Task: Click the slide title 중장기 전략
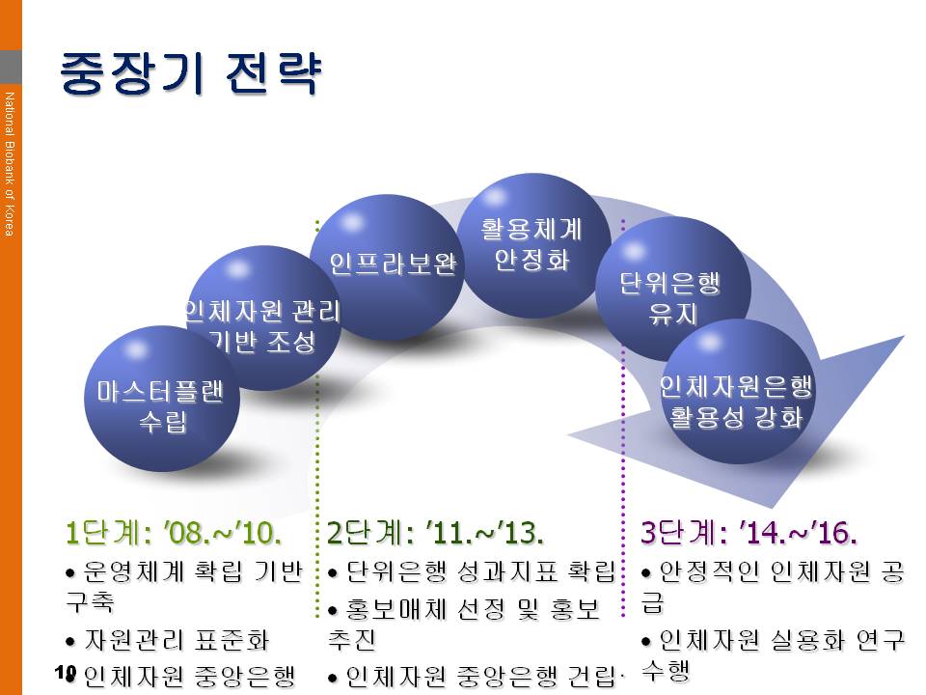pyautogui.click(x=190, y=73)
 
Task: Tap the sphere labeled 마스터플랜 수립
pyautogui.click(x=162, y=399)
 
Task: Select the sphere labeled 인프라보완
pyautogui.click(x=388, y=267)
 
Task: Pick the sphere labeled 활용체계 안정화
pyautogui.click(x=533, y=245)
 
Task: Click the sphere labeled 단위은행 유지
pyautogui.click(x=673, y=290)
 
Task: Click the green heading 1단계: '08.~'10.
pyautogui.click(x=173, y=533)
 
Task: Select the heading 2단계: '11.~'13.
pyautogui.click(x=435, y=533)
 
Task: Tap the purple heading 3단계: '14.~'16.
pyautogui.click(x=749, y=533)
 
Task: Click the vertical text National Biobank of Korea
pyautogui.click(x=9, y=164)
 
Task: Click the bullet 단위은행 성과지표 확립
pyautogui.click(x=480, y=571)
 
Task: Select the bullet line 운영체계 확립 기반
pyautogui.click(x=193, y=571)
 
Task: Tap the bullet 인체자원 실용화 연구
pyautogui.click(x=781, y=640)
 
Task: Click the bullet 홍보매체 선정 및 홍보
pyautogui.click(x=473, y=609)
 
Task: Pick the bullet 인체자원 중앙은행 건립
pyautogui.click(x=480, y=677)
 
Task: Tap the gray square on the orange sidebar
pyautogui.click(x=11, y=67)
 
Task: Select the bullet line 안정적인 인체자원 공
pyautogui.click(x=781, y=571)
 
